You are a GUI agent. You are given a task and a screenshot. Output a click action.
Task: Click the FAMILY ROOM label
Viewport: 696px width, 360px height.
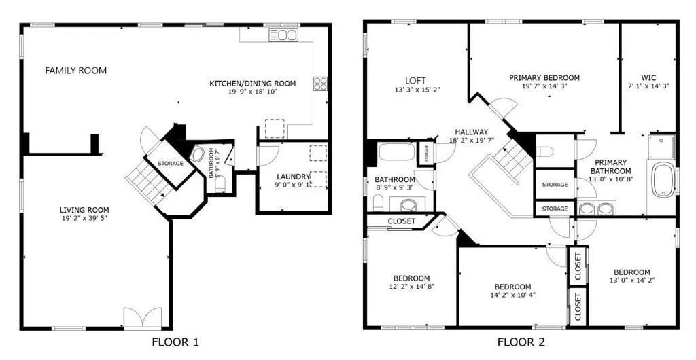[75, 71]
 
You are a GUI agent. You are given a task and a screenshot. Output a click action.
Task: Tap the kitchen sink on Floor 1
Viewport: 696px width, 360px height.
[283, 35]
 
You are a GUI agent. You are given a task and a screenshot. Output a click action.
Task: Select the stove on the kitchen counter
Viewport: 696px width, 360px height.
[320, 84]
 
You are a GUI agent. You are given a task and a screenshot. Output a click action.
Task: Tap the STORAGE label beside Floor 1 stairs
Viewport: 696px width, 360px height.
[171, 164]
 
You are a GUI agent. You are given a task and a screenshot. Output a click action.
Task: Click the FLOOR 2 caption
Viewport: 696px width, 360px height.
[521, 342]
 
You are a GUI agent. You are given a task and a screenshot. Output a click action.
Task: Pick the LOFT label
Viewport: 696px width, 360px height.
[415, 80]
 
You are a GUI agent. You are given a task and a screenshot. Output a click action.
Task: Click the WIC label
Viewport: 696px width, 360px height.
[648, 77]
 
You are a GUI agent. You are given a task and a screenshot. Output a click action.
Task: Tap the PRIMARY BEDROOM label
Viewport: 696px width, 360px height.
[544, 77]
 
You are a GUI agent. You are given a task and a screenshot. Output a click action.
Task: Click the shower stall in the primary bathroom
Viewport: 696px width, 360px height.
[661, 146]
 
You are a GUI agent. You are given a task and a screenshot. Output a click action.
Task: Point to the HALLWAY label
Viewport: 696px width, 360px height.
[471, 132]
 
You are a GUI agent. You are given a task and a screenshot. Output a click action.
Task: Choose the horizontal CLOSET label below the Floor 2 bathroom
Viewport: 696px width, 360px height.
[401, 221]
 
